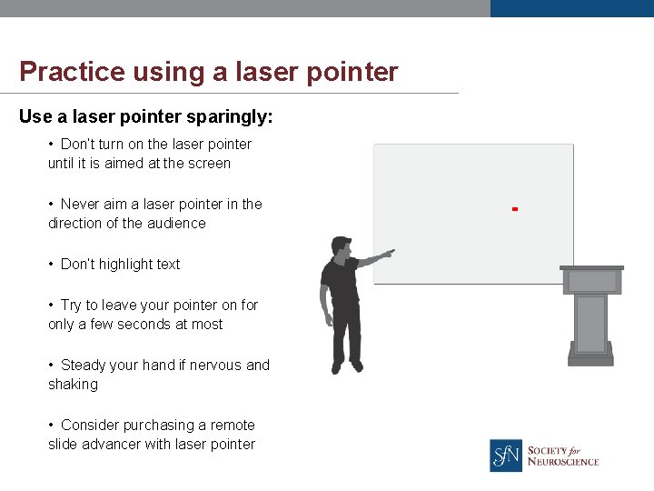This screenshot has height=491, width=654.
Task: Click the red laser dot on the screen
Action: coord(514,209)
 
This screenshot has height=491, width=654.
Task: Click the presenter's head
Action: coord(341,246)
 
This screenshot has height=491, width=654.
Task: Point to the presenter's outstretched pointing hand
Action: coord(388,253)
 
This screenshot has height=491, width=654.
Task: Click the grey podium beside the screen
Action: coord(591,314)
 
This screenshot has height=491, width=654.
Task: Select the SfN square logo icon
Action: coord(506,455)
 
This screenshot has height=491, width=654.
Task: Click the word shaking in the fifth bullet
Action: coord(73,385)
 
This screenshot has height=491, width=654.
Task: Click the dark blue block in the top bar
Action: coord(571,8)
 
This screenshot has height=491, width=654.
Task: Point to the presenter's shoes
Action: coord(346,367)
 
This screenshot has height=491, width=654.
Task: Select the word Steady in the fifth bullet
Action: coord(83,366)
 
